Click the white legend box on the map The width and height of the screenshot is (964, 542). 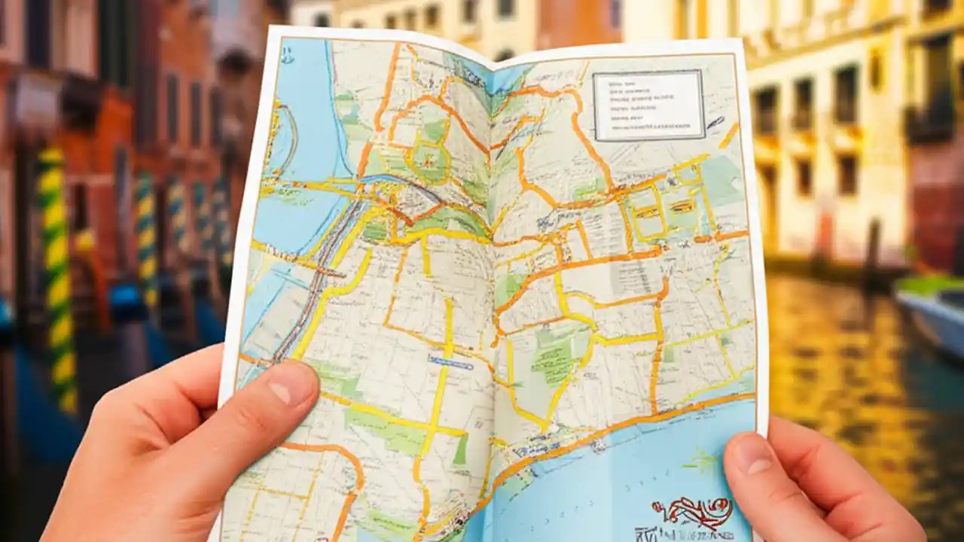(648, 105)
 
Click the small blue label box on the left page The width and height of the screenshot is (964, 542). (450, 362)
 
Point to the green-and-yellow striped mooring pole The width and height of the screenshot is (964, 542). (56, 279)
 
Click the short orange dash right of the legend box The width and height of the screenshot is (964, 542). (728, 136)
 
